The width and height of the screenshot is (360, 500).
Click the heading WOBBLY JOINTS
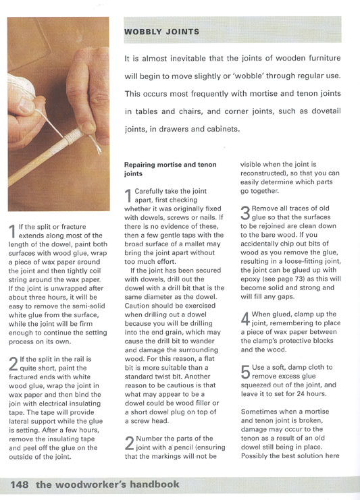tap(161, 32)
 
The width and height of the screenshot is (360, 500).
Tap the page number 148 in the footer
tap(19, 484)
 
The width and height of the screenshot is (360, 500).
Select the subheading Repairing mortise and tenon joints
tap(170, 169)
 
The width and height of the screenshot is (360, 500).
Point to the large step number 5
tap(246, 372)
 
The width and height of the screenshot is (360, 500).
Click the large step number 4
tap(245, 319)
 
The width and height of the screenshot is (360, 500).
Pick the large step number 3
tap(245, 213)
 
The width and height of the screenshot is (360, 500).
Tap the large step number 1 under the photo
tap(12, 231)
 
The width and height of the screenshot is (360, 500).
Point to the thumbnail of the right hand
tap(87, 127)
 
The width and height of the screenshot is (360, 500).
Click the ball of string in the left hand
tap(22, 86)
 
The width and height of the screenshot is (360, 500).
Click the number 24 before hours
tap(301, 394)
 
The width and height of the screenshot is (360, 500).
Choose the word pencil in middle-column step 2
tap(184, 447)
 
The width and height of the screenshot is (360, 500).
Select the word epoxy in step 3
tap(250, 279)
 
